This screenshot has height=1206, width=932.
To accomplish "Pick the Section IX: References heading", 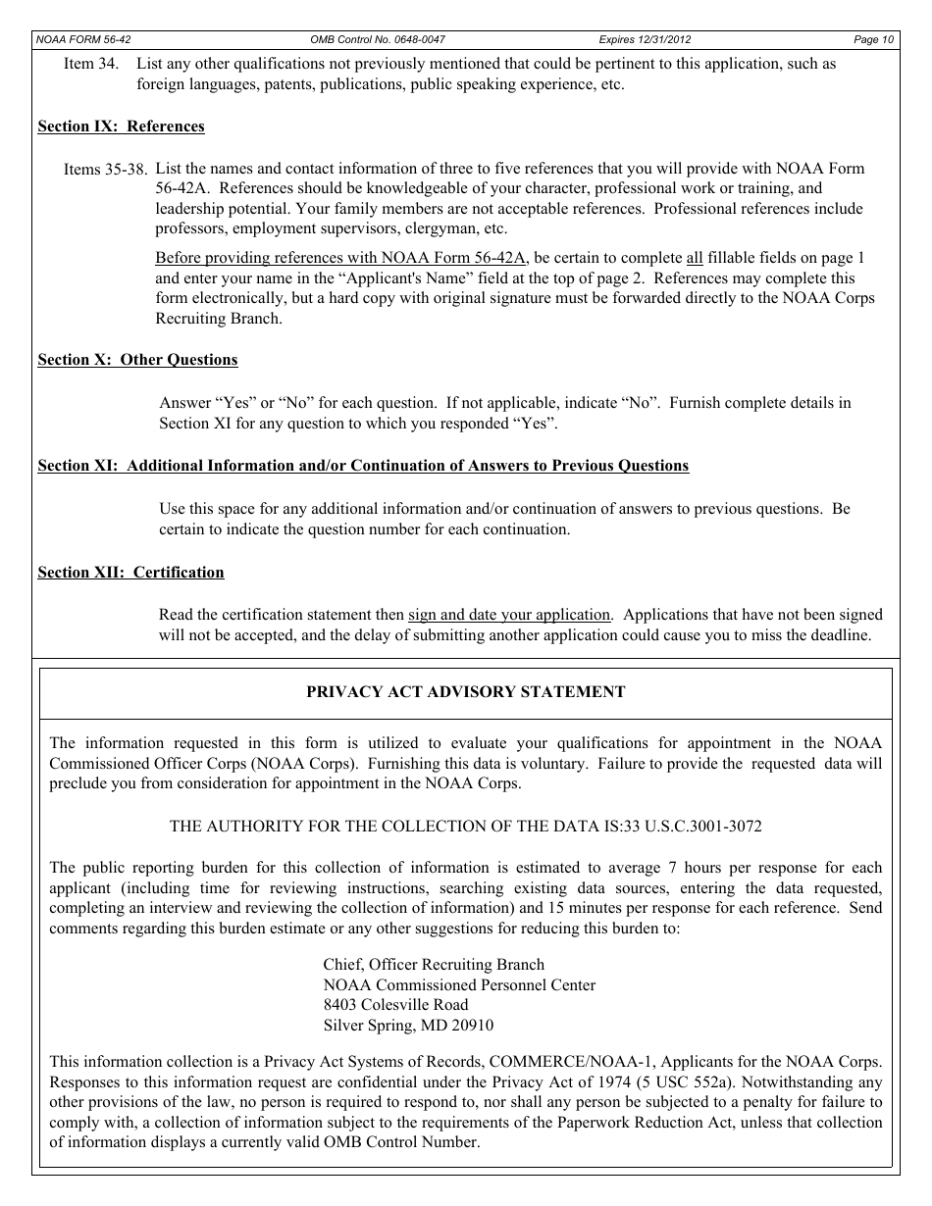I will click(x=121, y=126).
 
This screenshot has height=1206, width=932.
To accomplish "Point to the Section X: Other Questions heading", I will click(x=137, y=360).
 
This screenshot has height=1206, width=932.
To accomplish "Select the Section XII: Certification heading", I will click(x=130, y=573).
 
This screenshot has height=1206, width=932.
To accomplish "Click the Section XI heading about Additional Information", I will click(x=363, y=466).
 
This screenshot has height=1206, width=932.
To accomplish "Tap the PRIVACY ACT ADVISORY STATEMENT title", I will click(x=465, y=692).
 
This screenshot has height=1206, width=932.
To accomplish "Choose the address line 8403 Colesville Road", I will click(x=395, y=1005).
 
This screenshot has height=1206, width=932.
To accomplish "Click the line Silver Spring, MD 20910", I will click(x=408, y=1026).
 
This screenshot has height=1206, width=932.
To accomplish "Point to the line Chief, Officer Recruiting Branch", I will click(x=434, y=965).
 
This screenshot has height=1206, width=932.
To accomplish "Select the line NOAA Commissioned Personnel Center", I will click(x=459, y=985).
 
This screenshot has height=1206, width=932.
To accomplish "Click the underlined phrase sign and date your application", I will click(x=509, y=615).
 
